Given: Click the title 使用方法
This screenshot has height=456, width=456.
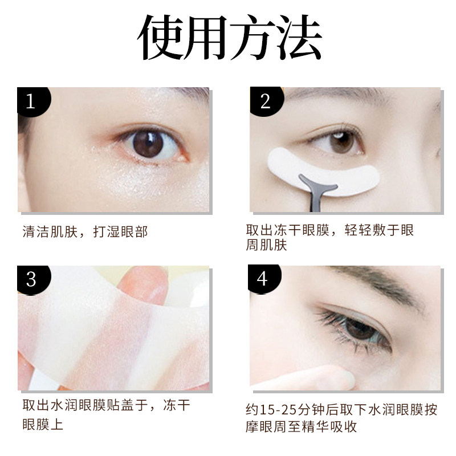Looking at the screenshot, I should pyautogui.click(x=228, y=39).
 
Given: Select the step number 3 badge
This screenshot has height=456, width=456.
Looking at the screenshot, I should pyautogui.click(x=31, y=279).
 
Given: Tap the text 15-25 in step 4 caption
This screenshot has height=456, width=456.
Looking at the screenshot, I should pyautogui.click(x=278, y=409).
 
